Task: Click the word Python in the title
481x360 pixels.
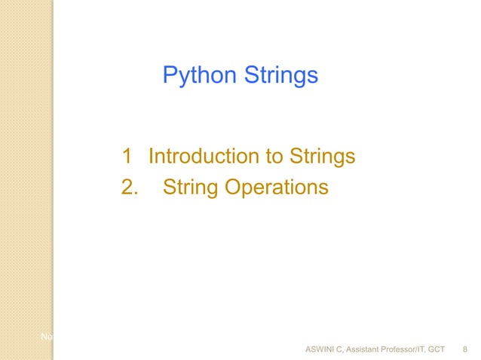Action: [x=199, y=76]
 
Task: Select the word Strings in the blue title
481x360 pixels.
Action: [x=280, y=76]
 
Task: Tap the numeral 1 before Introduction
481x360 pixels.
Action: [x=127, y=157]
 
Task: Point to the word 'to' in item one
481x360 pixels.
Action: [x=269, y=157]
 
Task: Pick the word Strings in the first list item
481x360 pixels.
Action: [x=320, y=157]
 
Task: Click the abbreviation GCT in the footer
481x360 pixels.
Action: [x=436, y=349]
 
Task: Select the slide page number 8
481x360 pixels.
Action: [x=464, y=349]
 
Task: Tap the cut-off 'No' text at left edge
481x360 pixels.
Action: [x=46, y=335]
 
